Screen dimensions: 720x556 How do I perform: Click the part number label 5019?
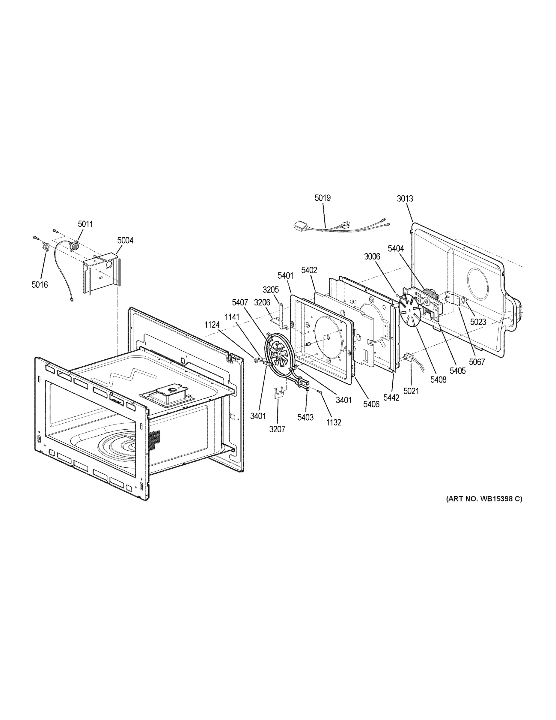click(x=323, y=198)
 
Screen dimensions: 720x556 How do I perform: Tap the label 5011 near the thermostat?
click(x=85, y=224)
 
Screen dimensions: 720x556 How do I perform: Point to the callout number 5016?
click(x=40, y=284)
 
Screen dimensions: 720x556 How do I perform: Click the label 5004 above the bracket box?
click(x=125, y=240)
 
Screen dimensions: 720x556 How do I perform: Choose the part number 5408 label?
click(x=439, y=379)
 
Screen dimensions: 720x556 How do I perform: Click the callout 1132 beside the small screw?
click(x=333, y=422)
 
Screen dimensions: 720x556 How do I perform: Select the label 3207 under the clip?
click(x=277, y=429)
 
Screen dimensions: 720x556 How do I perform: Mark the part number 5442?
click(x=391, y=397)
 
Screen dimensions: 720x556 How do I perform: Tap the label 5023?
click(x=478, y=322)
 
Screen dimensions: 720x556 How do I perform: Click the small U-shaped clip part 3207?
click(x=278, y=392)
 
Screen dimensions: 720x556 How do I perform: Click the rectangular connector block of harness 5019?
click(x=300, y=226)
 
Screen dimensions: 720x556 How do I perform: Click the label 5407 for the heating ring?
click(x=240, y=302)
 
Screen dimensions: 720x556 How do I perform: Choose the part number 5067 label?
click(x=477, y=362)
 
